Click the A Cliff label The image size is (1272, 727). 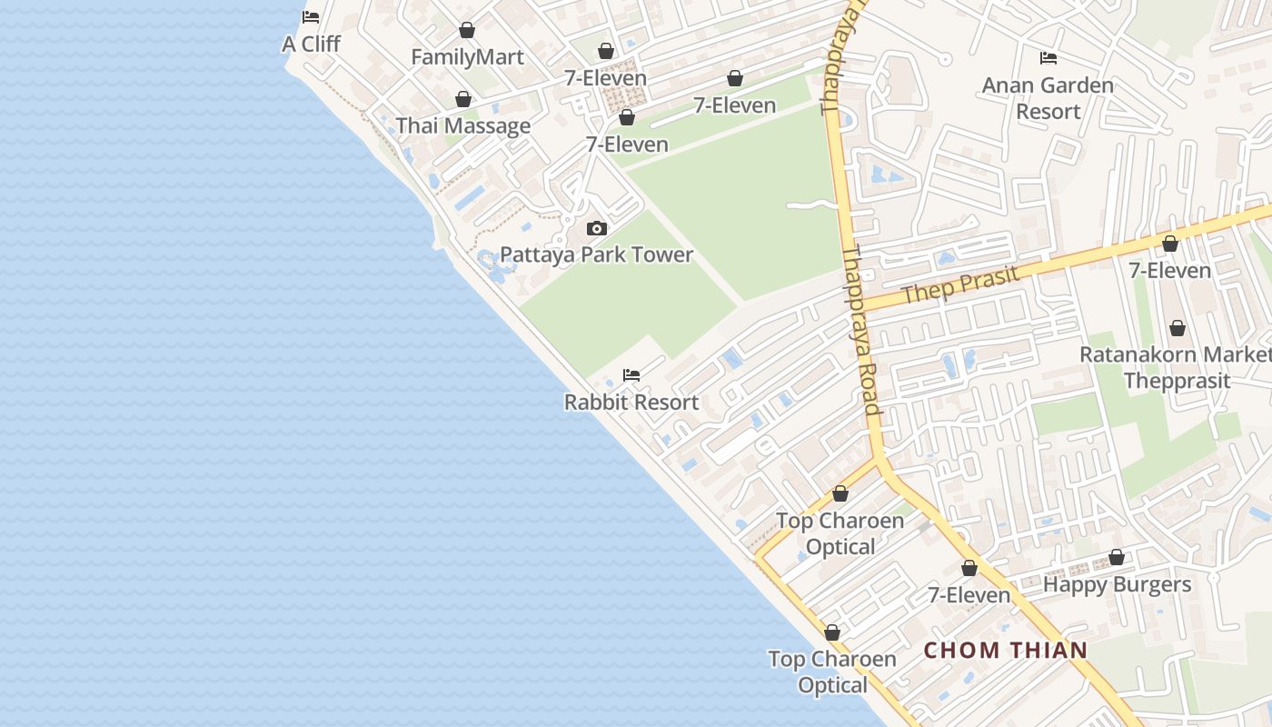(311, 43)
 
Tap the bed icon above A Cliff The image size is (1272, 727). (311, 16)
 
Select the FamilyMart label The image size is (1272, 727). (467, 57)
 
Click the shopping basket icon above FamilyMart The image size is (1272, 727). (467, 30)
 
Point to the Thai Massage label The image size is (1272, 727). (463, 126)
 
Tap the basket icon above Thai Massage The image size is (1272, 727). (463, 99)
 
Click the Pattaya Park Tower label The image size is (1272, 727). (597, 254)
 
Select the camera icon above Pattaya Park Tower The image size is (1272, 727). (597, 228)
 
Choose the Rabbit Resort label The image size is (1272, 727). (631, 402)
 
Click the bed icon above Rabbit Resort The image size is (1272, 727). (631, 374)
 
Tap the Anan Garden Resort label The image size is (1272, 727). (1048, 98)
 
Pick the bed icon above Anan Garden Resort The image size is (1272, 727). (1048, 58)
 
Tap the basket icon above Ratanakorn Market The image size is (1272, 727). (1178, 328)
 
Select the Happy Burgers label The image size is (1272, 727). (1117, 584)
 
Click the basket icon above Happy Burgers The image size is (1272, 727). (1117, 558)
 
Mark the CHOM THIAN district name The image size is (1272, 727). (1006, 650)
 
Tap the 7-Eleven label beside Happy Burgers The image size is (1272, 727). (969, 595)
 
